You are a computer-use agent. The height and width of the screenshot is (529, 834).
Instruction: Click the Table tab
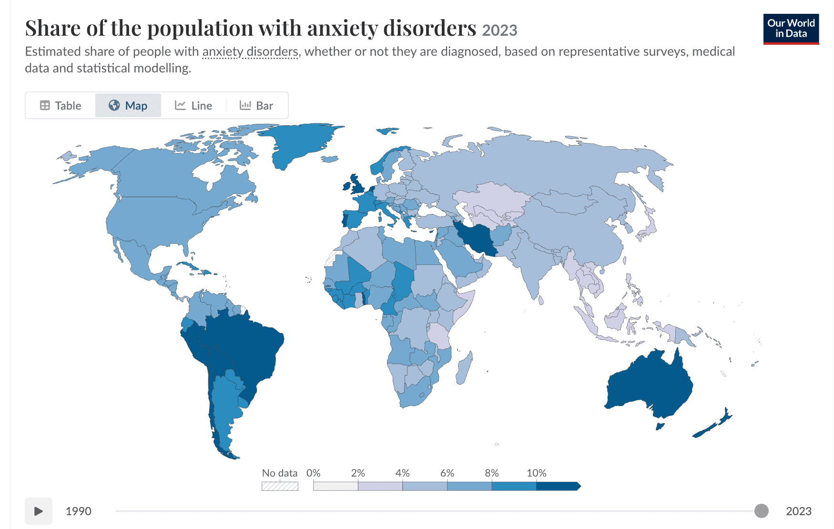coord(61,105)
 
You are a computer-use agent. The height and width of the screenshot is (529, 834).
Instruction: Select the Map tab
coord(128,105)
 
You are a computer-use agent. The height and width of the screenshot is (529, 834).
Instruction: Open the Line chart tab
coord(193,105)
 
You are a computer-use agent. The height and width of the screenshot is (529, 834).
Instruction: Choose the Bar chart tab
coord(256,105)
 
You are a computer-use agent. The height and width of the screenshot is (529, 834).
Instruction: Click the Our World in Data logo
coord(791,29)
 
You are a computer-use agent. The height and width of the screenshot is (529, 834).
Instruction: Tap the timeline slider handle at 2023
coord(762,511)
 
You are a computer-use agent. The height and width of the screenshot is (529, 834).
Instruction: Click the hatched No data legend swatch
coord(280,486)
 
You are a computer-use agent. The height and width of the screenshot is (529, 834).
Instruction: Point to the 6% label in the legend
coord(447,473)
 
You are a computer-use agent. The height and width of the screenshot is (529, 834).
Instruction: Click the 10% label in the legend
coord(536,473)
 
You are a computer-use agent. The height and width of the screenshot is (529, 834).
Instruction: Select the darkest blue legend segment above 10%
coord(558,486)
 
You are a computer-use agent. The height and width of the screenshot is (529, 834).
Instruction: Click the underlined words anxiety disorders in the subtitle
coord(250,51)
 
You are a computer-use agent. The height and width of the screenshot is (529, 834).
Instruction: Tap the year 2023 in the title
coord(499,31)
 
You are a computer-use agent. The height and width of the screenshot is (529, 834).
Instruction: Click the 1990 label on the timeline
coord(79,511)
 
